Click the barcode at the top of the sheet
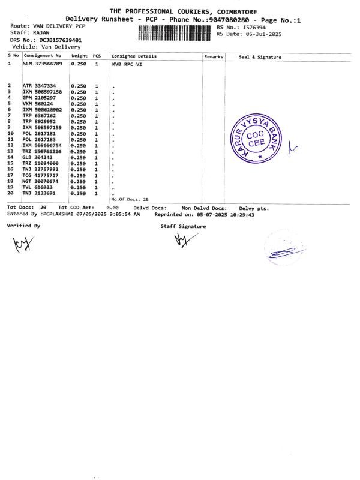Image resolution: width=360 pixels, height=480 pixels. (175, 32)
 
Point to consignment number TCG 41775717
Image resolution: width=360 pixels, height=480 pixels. (40, 175)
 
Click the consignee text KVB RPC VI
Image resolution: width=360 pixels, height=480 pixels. (127, 64)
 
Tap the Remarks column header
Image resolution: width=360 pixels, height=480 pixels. (214, 56)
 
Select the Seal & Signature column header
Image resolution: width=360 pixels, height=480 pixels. (260, 57)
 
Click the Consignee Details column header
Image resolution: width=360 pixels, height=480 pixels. (134, 56)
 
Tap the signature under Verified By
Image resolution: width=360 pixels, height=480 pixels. (21, 244)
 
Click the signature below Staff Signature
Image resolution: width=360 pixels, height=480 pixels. (181, 241)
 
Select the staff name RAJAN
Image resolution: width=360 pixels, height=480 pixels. (42, 32)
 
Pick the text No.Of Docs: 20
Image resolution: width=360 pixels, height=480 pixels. (130, 199)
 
